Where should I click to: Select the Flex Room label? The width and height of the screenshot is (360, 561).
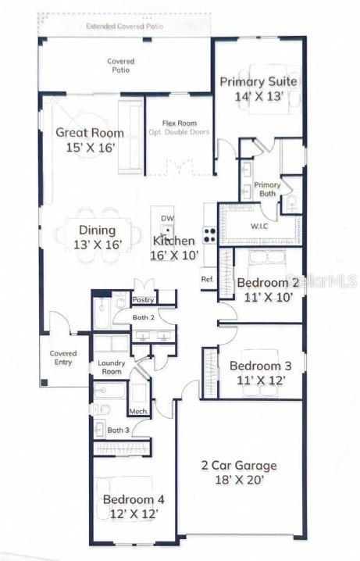179,123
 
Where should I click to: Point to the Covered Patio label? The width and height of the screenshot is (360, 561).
121,66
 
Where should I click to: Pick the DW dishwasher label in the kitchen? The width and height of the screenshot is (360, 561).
166,218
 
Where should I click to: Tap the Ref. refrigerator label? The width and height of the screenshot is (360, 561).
207,279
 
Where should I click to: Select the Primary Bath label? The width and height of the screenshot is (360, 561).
267,189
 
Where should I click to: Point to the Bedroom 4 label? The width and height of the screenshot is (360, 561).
134,499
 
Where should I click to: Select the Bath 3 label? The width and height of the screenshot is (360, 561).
118,430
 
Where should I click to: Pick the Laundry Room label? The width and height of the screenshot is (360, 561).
110,367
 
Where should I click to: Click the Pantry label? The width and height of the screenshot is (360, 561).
143,299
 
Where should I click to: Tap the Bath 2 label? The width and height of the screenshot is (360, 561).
143,317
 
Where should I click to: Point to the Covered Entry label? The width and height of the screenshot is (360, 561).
63,358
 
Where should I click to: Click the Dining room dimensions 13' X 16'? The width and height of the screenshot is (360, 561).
98,245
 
